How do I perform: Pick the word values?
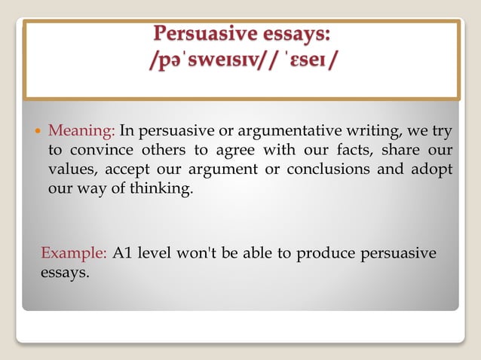[x=69, y=169]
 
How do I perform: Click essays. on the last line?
[x=65, y=271]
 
